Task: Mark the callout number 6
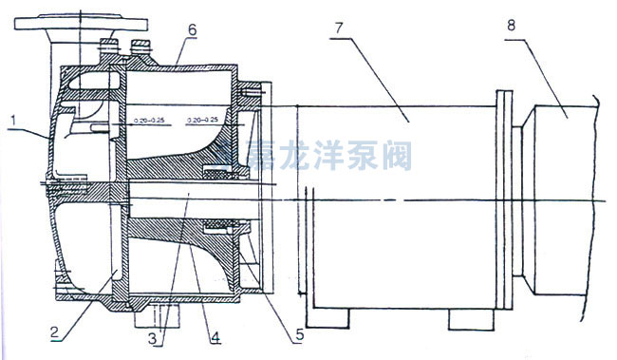coord(192,30)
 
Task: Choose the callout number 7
coord(335,24)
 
